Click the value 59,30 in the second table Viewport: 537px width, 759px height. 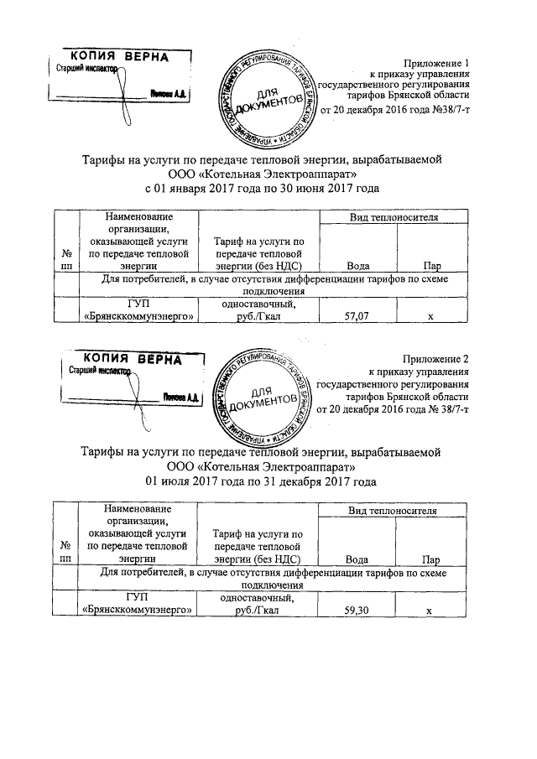359,611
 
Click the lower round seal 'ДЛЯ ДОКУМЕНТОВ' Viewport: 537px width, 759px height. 263,397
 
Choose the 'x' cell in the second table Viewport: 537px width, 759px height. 429,611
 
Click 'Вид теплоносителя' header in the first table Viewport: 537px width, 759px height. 394,217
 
